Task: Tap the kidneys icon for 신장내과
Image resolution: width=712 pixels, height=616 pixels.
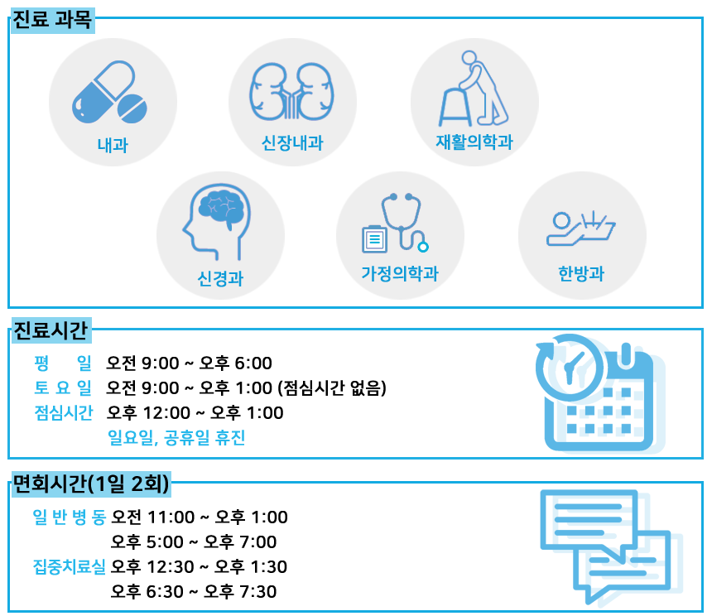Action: (x=291, y=91)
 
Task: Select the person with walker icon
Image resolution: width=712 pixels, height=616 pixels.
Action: (x=474, y=89)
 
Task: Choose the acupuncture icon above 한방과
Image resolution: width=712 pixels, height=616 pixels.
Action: (x=580, y=229)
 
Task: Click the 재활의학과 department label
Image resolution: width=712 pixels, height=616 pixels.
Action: (x=474, y=142)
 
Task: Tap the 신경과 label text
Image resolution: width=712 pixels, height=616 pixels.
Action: (x=220, y=278)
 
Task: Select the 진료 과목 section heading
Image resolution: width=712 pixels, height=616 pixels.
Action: (x=52, y=20)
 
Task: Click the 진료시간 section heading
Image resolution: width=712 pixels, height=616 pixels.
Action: (x=51, y=330)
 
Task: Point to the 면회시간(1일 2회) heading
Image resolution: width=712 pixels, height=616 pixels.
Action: (x=91, y=484)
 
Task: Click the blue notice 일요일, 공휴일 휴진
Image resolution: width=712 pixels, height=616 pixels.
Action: (x=176, y=438)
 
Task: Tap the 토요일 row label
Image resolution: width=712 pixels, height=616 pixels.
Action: (x=63, y=387)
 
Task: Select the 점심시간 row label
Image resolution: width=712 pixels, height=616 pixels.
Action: (x=64, y=412)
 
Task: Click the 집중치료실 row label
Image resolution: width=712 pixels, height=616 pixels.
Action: (x=69, y=566)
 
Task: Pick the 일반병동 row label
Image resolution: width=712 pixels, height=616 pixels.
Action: (x=69, y=517)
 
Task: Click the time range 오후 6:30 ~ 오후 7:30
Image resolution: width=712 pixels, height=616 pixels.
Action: (x=194, y=591)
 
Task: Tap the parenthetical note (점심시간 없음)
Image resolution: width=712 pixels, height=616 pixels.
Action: (x=332, y=388)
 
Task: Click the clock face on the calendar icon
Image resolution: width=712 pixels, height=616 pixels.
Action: (x=569, y=367)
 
